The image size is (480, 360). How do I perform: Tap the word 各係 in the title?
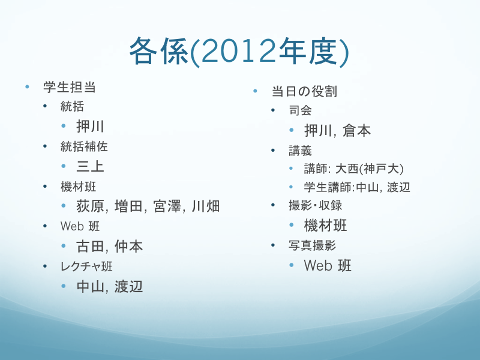coord(158,51)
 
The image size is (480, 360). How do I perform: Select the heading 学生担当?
coord(70,87)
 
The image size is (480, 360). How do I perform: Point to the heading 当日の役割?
coord(304,91)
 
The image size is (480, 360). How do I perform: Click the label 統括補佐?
coord(84,146)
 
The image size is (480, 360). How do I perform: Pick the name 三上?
coord(91,167)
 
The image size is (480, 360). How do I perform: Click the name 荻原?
coord(91,206)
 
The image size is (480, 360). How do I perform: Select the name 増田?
coord(128,206)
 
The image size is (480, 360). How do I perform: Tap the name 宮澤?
coord(167,206)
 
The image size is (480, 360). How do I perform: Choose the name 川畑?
coord(206,206)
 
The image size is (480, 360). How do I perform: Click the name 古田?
coord(91,247)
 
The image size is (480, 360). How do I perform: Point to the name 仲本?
coord(128,247)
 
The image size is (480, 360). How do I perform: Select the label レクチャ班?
coord(86,266)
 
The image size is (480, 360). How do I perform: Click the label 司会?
coord(301,110)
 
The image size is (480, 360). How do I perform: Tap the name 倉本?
coord(356,131)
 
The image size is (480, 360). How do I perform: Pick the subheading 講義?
coord(301,151)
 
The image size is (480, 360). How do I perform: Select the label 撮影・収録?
coord(316,205)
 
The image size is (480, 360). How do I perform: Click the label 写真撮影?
coord(312,245)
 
